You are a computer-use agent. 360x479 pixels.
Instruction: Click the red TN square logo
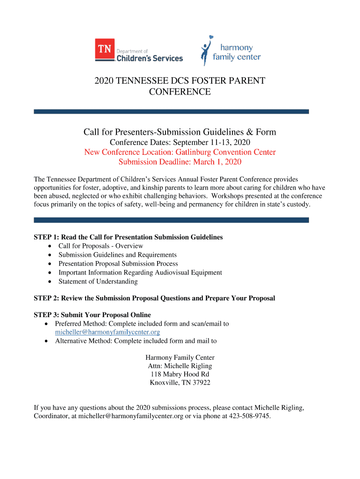(x=105, y=49)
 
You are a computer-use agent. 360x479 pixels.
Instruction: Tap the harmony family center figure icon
(x=206, y=51)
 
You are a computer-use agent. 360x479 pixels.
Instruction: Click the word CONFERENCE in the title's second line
(x=180, y=92)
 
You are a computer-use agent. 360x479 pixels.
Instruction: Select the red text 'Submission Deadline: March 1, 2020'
(x=180, y=162)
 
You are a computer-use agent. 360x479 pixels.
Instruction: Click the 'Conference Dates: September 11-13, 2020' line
(x=180, y=142)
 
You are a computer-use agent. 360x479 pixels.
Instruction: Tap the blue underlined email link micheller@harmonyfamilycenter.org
(x=108, y=332)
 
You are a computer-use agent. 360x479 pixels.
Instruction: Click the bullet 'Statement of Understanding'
(x=98, y=281)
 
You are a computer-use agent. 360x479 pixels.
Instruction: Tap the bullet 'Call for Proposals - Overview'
(x=101, y=246)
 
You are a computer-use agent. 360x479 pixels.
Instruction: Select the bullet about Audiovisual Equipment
(x=140, y=272)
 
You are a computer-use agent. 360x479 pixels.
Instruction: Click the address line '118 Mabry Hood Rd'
(x=180, y=374)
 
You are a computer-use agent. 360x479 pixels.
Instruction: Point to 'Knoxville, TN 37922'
(x=180, y=383)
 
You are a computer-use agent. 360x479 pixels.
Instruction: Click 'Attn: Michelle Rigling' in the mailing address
(x=180, y=366)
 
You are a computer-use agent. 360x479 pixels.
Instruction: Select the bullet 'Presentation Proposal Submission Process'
(x=118, y=263)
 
